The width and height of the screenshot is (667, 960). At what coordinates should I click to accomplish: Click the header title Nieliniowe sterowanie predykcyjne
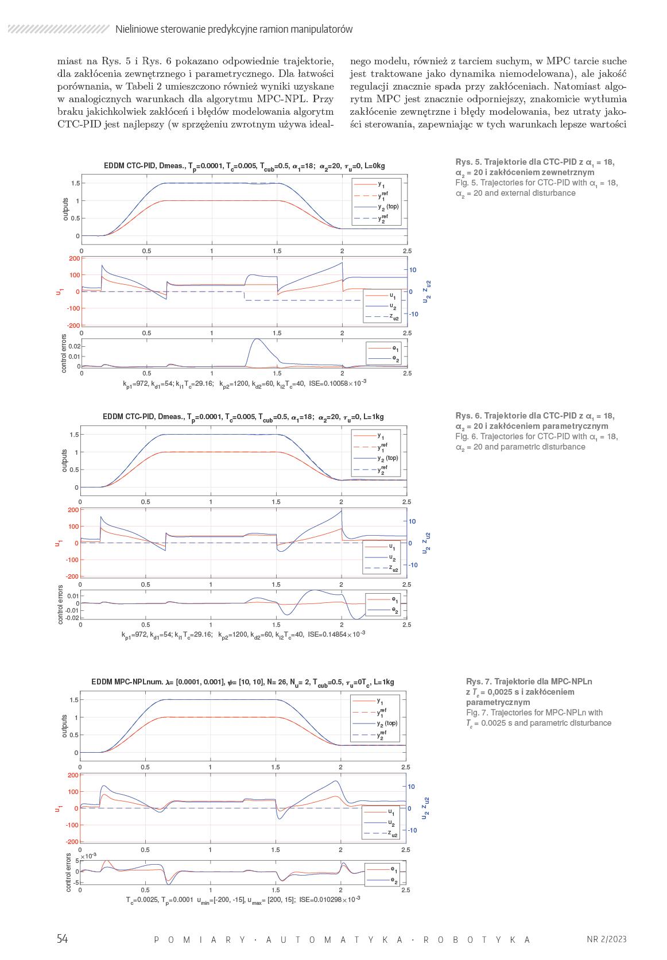pos(234,29)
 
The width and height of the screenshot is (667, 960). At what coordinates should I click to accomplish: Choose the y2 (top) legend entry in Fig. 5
pos(388,206)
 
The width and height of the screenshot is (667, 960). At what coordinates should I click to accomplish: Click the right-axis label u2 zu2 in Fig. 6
pos(426,543)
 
